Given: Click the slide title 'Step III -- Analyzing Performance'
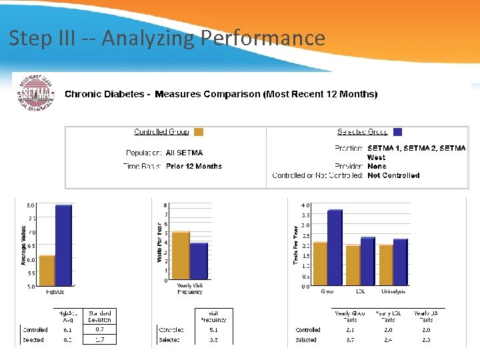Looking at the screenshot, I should pyautogui.click(x=167, y=39).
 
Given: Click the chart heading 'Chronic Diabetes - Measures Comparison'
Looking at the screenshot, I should pyautogui.click(x=221, y=94).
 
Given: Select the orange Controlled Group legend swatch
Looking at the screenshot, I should pyautogui.click(x=198, y=132).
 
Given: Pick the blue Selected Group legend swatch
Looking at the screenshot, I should pyautogui.click(x=397, y=132).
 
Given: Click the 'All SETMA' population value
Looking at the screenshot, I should pyautogui.click(x=184, y=153).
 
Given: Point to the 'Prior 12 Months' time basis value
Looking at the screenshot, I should pyautogui.click(x=193, y=166).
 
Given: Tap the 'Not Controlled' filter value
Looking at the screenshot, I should pyautogui.click(x=393, y=175).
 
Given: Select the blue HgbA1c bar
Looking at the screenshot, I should pyautogui.click(x=63, y=246).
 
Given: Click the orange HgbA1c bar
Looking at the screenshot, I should pyautogui.click(x=47, y=271).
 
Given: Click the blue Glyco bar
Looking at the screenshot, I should pyautogui.click(x=335, y=248).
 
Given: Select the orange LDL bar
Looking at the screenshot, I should pyautogui.click(x=352, y=266).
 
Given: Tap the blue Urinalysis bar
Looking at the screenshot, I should pyautogui.click(x=400, y=263).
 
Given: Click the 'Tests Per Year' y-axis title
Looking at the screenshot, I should pyautogui.click(x=295, y=245).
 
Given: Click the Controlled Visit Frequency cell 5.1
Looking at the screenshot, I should pyautogui.click(x=213, y=329).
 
